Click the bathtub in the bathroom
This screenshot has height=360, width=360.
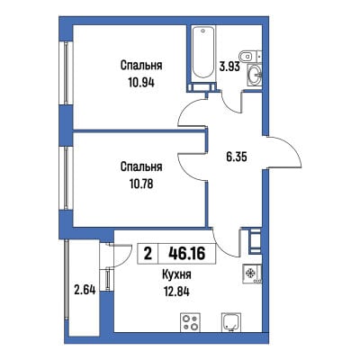point(203,54)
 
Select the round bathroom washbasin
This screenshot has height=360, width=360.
point(255,73)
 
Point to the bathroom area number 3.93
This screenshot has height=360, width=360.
point(229,66)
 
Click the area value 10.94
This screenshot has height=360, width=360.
point(141,82)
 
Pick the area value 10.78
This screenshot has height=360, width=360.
point(141,184)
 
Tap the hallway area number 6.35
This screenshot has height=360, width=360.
point(237,157)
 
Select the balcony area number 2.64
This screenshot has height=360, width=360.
point(85,290)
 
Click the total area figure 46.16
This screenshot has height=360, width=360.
point(187,254)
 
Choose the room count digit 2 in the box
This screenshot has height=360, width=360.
point(148,254)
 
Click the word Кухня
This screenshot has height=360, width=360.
point(176,274)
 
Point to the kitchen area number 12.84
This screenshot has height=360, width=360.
point(176,292)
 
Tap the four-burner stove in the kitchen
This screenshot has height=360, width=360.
point(191,322)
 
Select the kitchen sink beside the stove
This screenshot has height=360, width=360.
point(231,322)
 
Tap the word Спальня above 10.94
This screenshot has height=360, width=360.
point(141,65)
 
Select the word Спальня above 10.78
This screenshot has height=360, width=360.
point(141,166)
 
